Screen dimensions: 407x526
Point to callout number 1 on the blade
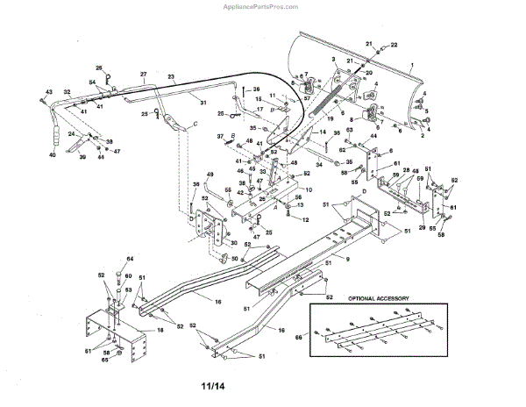411,67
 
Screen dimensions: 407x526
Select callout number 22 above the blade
393,44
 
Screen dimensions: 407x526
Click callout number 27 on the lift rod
143,75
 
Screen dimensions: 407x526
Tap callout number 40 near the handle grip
53,155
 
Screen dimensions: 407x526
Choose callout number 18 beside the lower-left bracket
160,330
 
